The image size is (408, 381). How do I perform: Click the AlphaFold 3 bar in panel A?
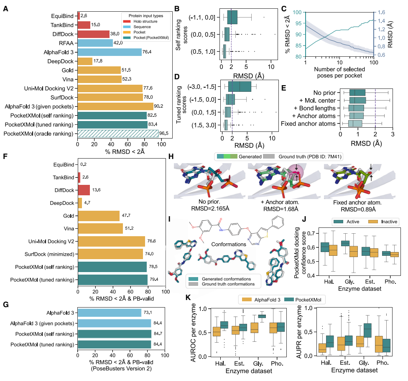point(110,52)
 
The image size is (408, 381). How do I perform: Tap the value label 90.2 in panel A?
point(159,106)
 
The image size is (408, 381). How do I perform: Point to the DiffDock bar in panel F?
point(84,190)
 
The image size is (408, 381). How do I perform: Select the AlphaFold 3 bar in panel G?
point(110,311)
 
